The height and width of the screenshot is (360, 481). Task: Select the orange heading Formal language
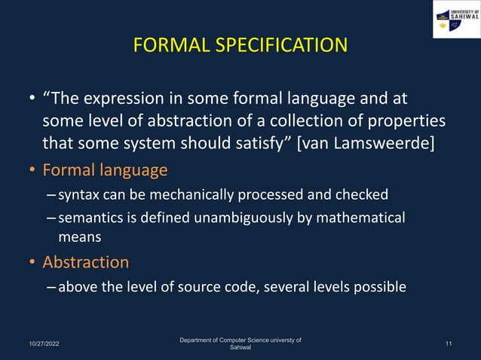(105, 170)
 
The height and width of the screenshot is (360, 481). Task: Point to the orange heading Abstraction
(85, 262)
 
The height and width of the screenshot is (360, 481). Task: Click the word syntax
(78, 195)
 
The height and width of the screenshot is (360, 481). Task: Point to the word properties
(404, 121)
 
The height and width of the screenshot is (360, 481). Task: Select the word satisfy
(261, 143)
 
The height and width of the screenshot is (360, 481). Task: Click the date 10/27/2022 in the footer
(38, 344)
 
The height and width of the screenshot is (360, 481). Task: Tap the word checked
(366, 195)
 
